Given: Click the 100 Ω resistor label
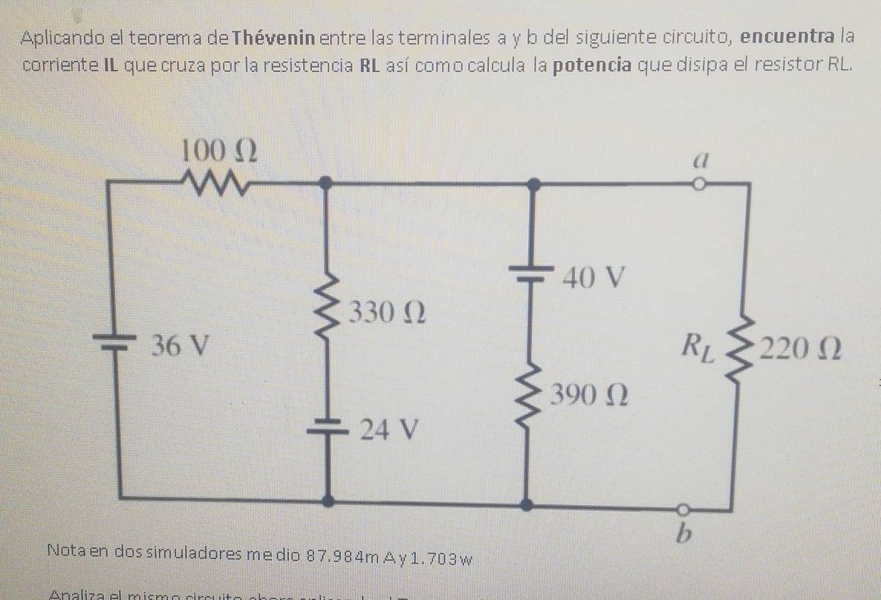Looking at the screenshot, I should [x=221, y=151].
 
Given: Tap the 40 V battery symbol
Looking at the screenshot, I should [x=533, y=272].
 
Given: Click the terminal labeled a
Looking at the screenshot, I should [x=698, y=158].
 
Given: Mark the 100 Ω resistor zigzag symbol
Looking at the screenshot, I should [x=212, y=180].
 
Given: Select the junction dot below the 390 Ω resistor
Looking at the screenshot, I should [x=527, y=505].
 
